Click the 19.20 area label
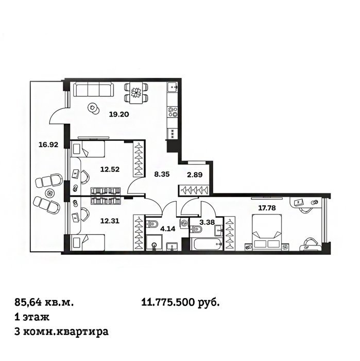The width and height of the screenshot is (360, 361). (x=119, y=114)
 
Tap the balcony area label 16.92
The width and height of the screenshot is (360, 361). (x=48, y=145)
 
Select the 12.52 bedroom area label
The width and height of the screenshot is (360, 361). (x=110, y=170)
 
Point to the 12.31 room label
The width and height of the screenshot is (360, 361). (x=110, y=221)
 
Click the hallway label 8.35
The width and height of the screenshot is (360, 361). (x=162, y=174)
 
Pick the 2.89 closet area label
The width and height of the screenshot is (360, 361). (x=195, y=175)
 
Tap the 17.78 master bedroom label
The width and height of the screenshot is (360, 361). (x=267, y=208)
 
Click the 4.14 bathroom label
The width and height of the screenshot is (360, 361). (x=168, y=229)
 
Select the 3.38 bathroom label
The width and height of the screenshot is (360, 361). (x=207, y=222)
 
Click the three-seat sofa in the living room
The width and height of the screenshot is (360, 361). (x=93, y=90)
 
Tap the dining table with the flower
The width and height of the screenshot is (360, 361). (x=136, y=92)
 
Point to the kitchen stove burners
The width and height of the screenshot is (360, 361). (x=173, y=112)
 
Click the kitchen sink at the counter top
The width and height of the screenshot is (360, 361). (x=173, y=87)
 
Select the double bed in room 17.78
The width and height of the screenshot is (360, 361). (x=267, y=233)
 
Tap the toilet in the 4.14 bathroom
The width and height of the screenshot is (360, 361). (x=152, y=224)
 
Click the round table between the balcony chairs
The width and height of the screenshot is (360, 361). (x=49, y=192)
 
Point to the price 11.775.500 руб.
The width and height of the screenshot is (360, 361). (x=180, y=302)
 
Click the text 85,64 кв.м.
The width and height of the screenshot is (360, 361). (x=44, y=302)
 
